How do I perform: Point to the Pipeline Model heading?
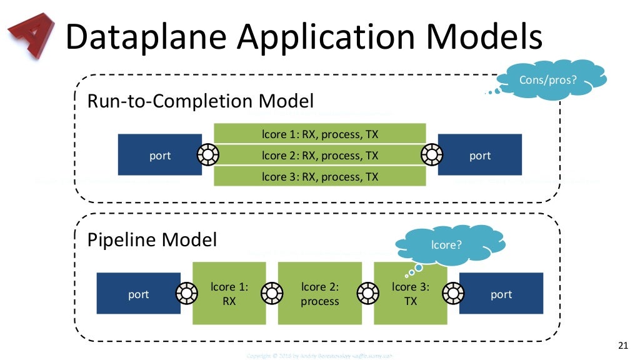pyautogui.click(x=152, y=240)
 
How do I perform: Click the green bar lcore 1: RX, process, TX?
pyautogui.click(x=320, y=134)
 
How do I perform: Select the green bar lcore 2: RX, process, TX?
pyautogui.click(x=320, y=155)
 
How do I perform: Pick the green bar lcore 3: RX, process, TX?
pyautogui.click(x=320, y=176)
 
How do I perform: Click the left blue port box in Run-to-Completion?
pyautogui.click(x=160, y=155)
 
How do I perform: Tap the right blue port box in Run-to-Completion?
pyautogui.click(x=480, y=155)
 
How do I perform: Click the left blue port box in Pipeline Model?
pyautogui.click(x=138, y=294)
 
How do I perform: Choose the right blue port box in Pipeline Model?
pyautogui.click(x=501, y=294)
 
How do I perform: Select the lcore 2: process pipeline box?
pyautogui.click(x=320, y=294)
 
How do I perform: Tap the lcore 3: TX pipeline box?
pyautogui.click(x=409, y=294)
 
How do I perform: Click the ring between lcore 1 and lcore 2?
pyautogui.click(x=272, y=292)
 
